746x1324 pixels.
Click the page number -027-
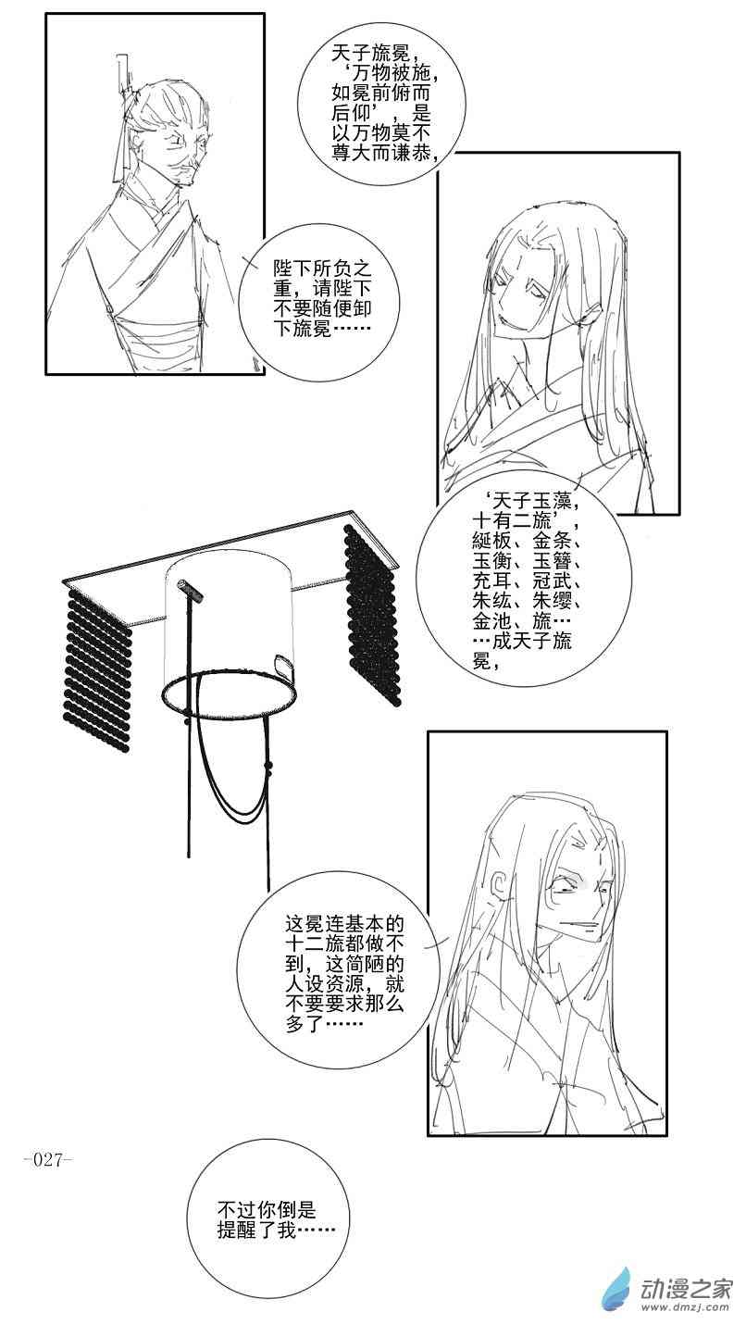click(x=46, y=1160)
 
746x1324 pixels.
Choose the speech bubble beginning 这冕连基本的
click(x=344, y=976)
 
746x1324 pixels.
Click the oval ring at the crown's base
click(x=229, y=693)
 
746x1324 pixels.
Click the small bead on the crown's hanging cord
click(x=268, y=766)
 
